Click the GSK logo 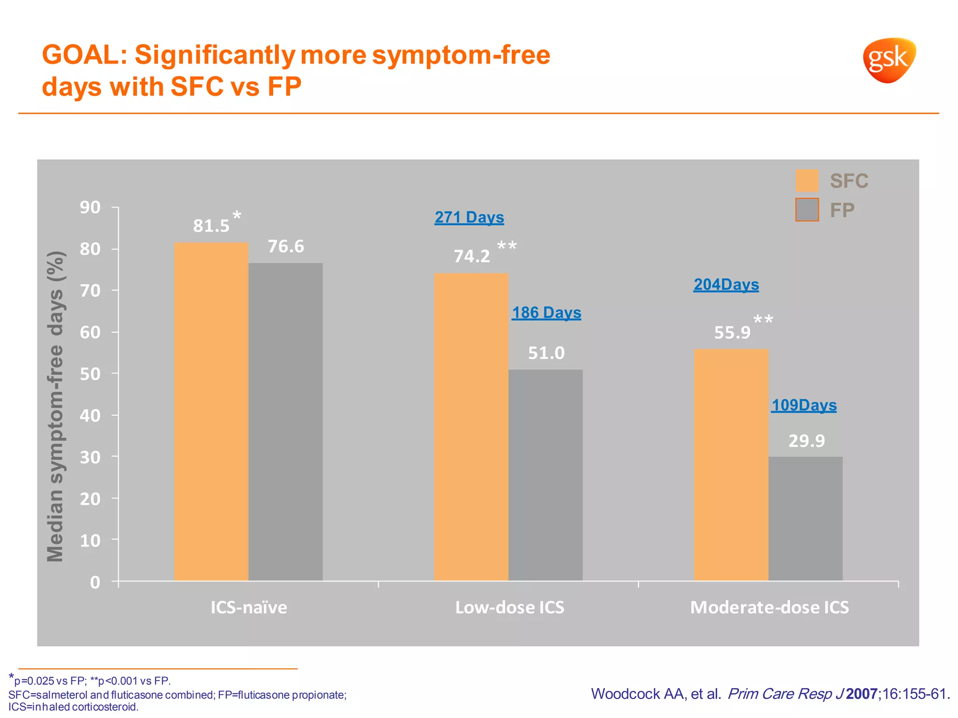889,60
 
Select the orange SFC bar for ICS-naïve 211,411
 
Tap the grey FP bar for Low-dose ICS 545,475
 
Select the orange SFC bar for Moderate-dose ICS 731,465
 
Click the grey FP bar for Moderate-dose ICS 806,518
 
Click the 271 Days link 469,217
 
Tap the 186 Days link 546,313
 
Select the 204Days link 726,285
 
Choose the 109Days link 804,405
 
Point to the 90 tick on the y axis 90,207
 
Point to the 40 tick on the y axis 90,415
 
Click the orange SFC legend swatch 807,181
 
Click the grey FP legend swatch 807,210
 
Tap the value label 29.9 806,441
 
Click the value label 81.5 211,226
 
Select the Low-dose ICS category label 509,607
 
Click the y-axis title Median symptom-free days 56,407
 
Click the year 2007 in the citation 861,694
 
